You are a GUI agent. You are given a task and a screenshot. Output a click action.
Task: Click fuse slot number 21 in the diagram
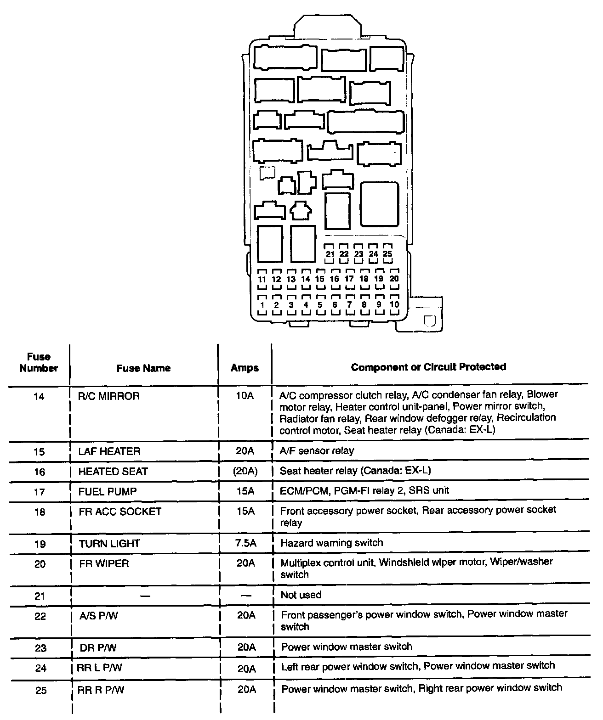330,253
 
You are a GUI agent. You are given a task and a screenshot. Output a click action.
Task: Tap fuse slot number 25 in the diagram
387,253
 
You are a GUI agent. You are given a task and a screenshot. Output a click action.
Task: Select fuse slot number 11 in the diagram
262,279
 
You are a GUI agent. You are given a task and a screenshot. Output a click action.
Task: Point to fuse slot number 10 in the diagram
394,304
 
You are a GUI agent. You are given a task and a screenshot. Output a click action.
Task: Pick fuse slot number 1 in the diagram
262,304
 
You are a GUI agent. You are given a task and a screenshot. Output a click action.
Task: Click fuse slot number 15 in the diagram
320,279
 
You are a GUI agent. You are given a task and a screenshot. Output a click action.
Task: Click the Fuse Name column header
143,368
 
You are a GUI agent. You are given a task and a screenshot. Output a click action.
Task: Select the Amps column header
245,368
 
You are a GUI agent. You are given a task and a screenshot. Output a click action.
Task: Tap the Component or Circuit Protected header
428,366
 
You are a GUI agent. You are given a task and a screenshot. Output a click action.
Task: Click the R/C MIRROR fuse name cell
109,396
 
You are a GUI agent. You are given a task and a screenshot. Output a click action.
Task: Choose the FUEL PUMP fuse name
108,491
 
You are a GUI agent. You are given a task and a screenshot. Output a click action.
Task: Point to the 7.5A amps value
245,543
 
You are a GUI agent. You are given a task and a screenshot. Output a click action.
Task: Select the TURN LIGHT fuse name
109,543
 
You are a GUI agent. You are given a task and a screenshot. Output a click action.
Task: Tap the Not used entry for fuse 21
301,595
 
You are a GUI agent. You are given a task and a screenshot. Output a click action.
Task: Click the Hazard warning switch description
331,542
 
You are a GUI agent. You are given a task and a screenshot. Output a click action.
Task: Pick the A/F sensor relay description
317,450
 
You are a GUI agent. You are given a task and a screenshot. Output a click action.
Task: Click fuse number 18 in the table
40,512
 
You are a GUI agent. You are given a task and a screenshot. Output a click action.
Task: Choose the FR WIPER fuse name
104,563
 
